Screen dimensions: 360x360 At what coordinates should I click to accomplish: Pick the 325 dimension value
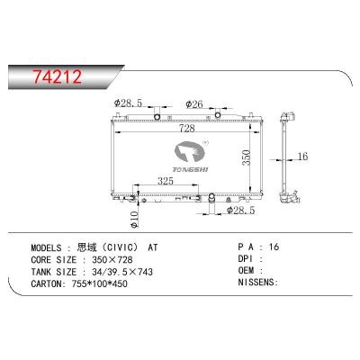(x=163, y=180)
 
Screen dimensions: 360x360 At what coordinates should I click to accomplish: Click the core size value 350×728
(x=126, y=257)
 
